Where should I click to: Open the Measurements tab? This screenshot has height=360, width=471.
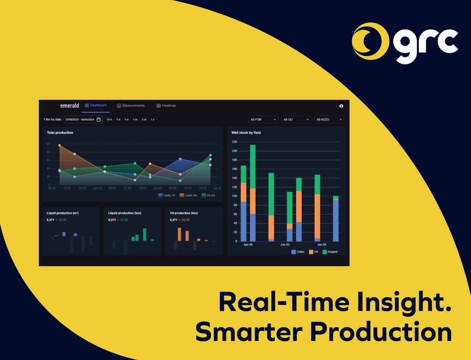click(x=131, y=105)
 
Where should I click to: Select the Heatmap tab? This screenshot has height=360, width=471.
click(x=166, y=105)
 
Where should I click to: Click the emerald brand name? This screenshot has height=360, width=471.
click(x=69, y=105)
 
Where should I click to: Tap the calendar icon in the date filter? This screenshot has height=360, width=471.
click(x=99, y=119)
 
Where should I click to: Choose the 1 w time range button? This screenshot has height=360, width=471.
click(x=127, y=119)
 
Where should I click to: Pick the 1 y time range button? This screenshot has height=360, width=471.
click(x=152, y=119)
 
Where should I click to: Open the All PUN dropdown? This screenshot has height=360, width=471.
click(x=263, y=119)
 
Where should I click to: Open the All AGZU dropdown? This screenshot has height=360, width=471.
click(x=329, y=119)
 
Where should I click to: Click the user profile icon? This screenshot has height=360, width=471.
click(x=341, y=106)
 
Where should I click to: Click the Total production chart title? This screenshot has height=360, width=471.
click(x=60, y=133)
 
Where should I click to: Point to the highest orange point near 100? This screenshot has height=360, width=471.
click(x=60, y=145)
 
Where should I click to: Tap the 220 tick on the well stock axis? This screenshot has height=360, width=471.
click(x=235, y=142)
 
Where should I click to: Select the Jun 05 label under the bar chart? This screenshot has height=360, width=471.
click(x=285, y=244)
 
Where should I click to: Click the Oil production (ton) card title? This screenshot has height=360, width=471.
click(x=184, y=213)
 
